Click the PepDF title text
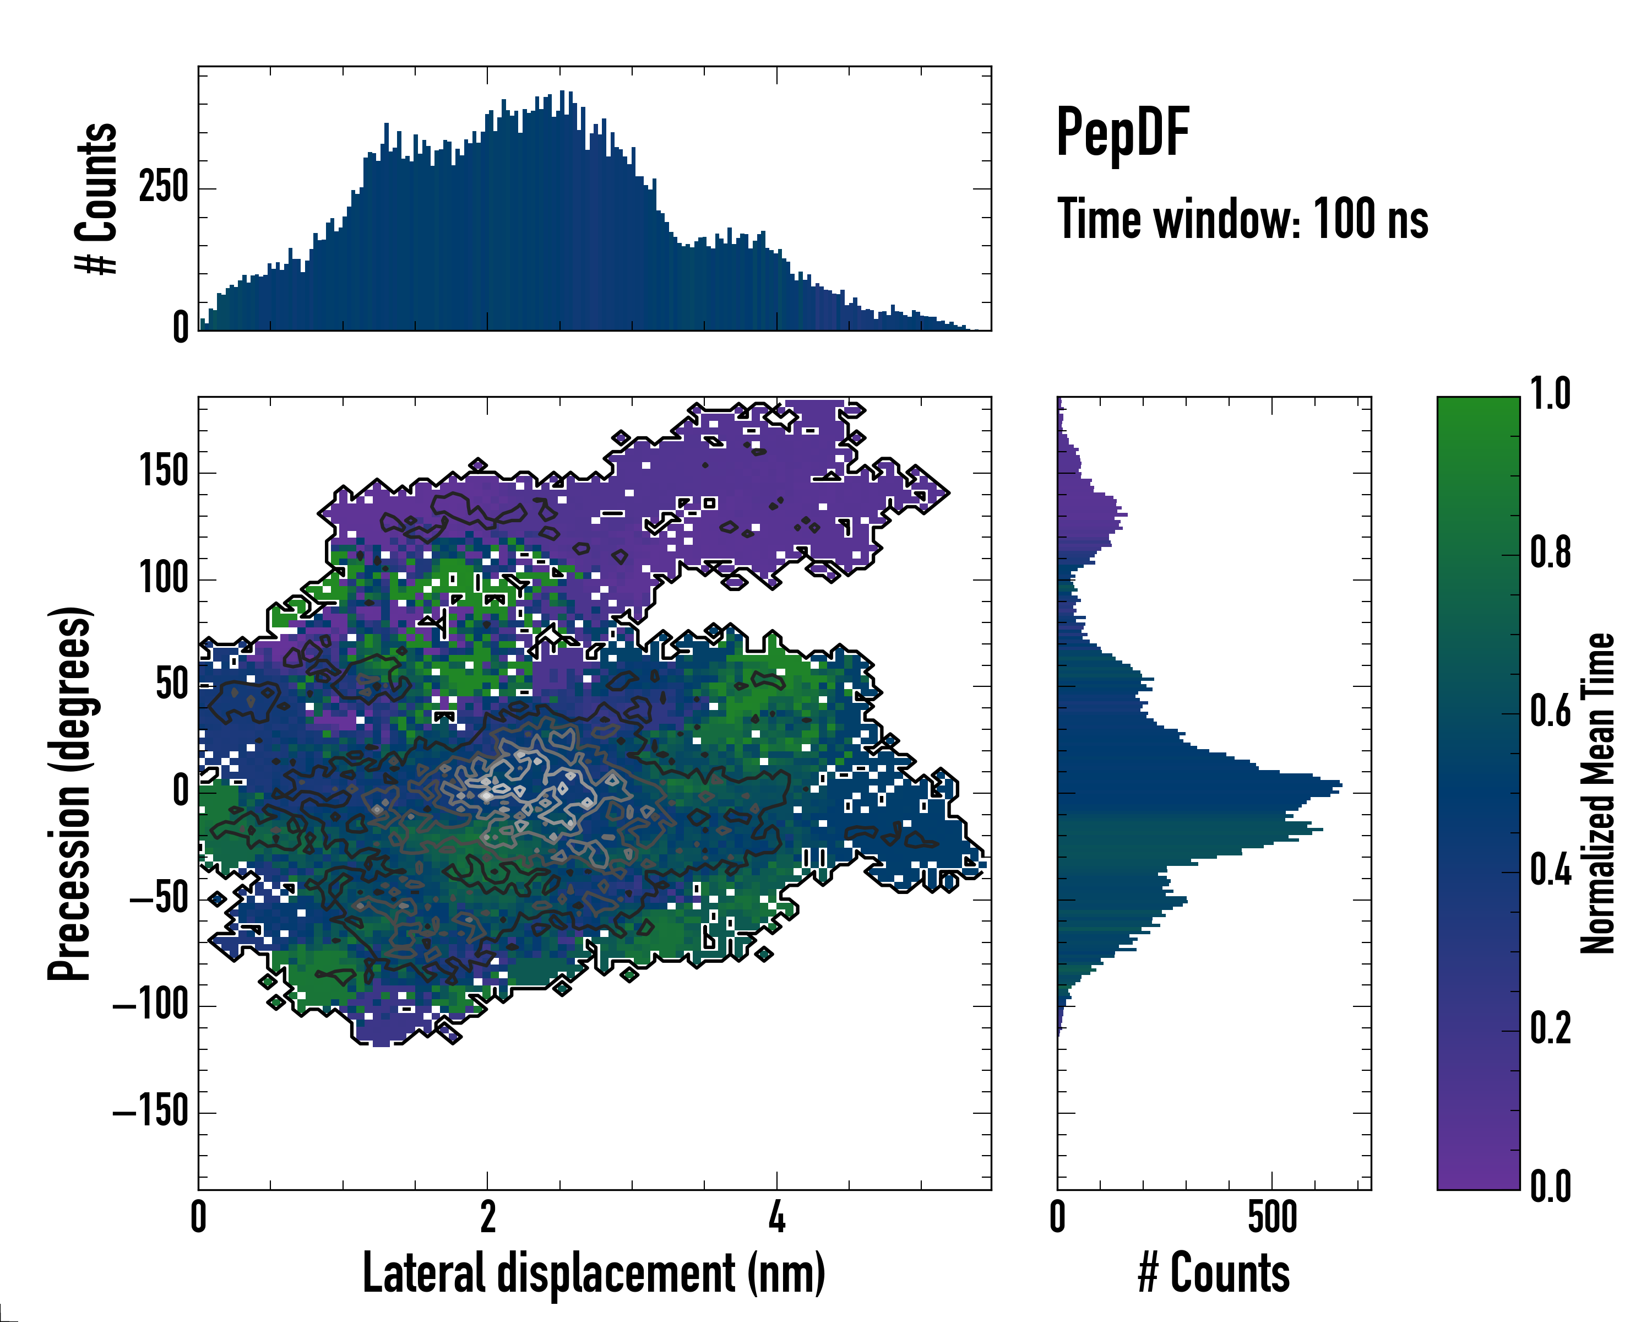pyautogui.click(x=1122, y=133)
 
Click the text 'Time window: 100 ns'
pyautogui.click(x=1242, y=220)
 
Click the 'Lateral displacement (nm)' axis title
pyautogui.click(x=594, y=1273)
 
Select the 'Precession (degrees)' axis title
pyautogui.click(x=70, y=793)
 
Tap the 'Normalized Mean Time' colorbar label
pyautogui.click(x=1597, y=793)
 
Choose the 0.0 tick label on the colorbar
pyautogui.click(x=1550, y=1186)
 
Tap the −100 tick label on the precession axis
pyautogui.click(x=150, y=1004)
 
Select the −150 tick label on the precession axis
pyautogui.click(x=150, y=1110)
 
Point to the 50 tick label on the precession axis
pyautogui.click(x=172, y=684)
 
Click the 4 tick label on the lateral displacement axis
pyautogui.click(x=777, y=1218)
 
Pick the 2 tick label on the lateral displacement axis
pyautogui.click(x=487, y=1218)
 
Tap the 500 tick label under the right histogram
pyautogui.click(x=1272, y=1218)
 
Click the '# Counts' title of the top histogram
pyautogui.click(x=97, y=198)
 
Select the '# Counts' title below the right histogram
pyautogui.click(x=1214, y=1273)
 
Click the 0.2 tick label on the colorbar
pyautogui.click(x=1550, y=1028)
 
